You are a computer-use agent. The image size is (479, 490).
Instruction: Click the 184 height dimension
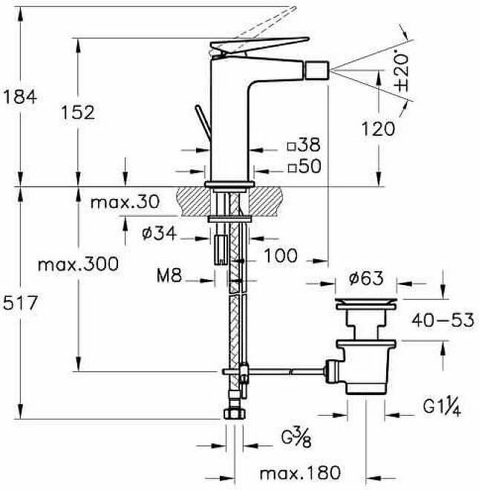pos(19,96)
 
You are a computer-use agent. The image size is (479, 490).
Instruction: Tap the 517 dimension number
pos(19,302)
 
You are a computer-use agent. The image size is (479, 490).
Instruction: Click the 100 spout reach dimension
pos(280,256)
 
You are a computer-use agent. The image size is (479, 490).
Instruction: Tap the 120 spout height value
pos(378,128)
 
